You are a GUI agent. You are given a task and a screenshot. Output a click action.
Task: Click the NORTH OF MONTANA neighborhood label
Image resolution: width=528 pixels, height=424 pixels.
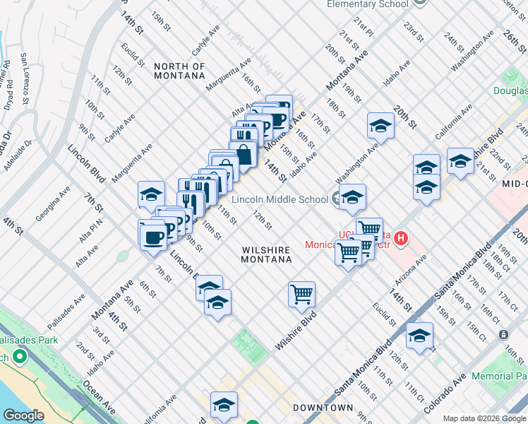(179, 71)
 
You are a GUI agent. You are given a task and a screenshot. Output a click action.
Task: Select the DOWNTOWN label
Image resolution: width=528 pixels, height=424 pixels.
(323, 408)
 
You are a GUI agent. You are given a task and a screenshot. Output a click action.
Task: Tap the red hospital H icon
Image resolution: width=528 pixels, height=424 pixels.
(402, 239)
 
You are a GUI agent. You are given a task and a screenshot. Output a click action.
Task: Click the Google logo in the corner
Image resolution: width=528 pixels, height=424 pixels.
(23, 416)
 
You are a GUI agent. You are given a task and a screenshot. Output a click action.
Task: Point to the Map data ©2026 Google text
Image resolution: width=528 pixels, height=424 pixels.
(485, 418)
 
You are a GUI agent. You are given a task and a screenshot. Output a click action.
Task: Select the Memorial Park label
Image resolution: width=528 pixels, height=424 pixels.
(499, 377)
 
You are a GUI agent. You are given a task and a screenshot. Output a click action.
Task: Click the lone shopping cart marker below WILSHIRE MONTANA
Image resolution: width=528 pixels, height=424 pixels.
(301, 293)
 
